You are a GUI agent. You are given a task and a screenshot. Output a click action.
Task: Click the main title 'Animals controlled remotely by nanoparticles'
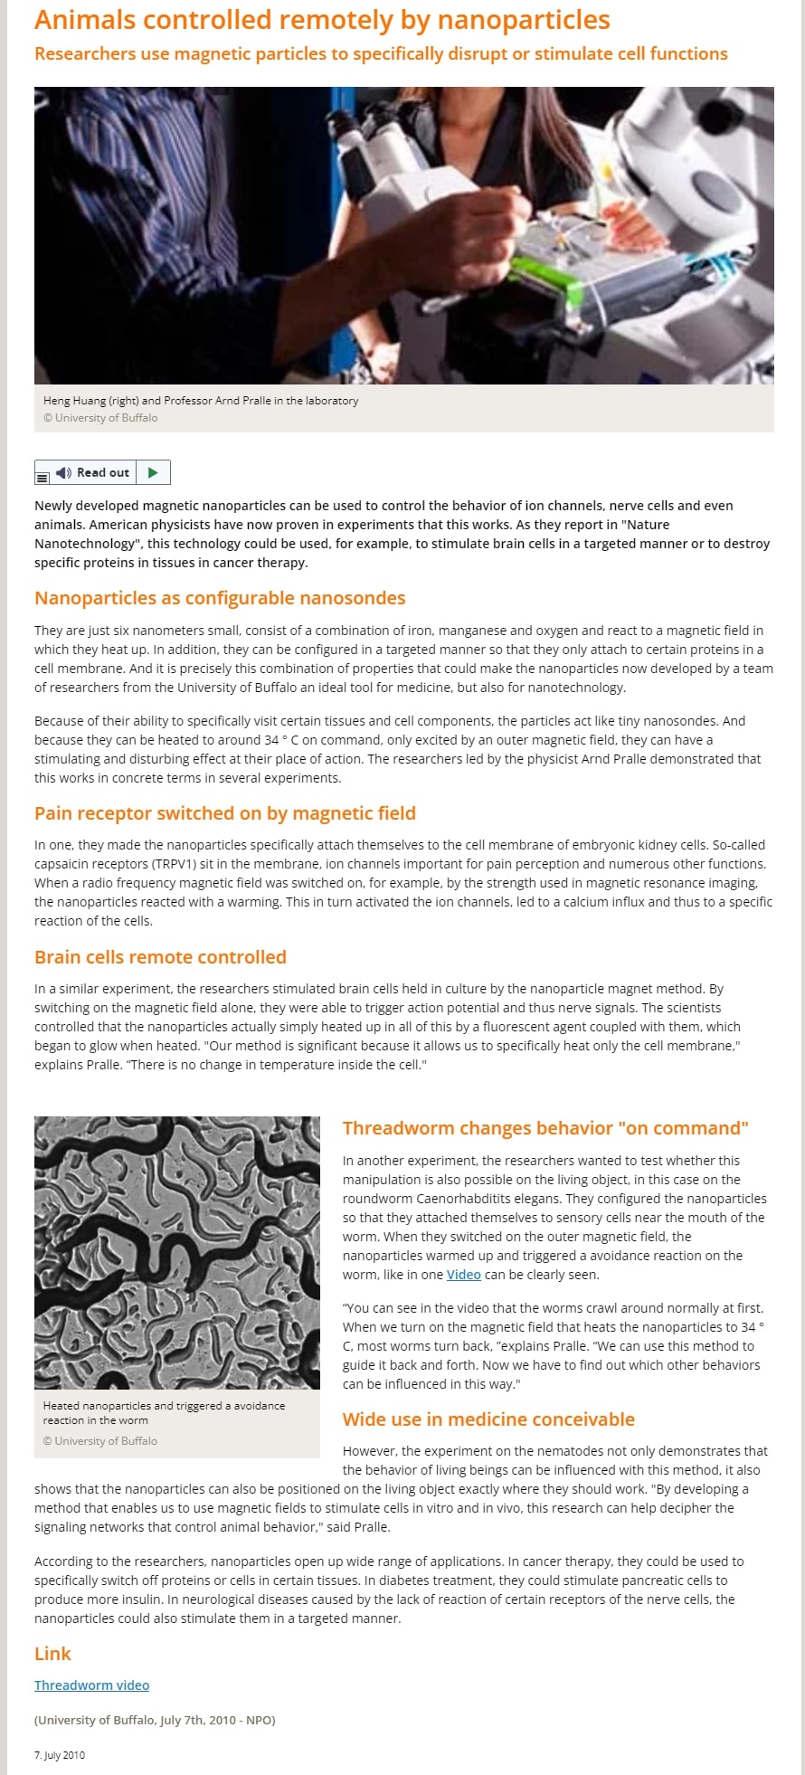pos(322,20)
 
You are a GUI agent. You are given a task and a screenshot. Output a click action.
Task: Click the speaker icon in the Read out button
pos(62,473)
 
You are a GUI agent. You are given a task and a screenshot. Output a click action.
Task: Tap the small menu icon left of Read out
pos(43,476)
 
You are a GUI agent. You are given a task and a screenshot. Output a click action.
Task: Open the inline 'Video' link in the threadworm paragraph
pos(463,1275)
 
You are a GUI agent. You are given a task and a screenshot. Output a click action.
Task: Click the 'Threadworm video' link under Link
pos(91,1685)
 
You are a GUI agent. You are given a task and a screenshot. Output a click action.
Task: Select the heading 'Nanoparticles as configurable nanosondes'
pos(220,598)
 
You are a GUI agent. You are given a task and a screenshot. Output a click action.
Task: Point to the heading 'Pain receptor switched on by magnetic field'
pos(225,813)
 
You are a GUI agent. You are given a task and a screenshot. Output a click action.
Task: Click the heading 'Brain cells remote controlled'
pos(160,957)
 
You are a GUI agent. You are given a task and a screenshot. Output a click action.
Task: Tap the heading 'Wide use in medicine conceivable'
pos(488,1419)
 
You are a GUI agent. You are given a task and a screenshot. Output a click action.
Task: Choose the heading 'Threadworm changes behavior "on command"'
pos(545,1128)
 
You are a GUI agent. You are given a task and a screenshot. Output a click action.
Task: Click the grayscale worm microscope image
pos(177,1252)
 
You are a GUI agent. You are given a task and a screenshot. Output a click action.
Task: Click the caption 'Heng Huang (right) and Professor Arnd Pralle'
pos(201,401)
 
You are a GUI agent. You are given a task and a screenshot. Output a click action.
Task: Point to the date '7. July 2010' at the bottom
pos(60,1755)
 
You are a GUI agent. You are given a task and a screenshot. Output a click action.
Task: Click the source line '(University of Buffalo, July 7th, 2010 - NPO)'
pos(155,1720)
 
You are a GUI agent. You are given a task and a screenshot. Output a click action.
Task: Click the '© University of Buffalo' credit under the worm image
pos(100,1441)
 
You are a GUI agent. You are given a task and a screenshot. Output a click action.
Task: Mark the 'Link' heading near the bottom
pos(52,1654)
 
